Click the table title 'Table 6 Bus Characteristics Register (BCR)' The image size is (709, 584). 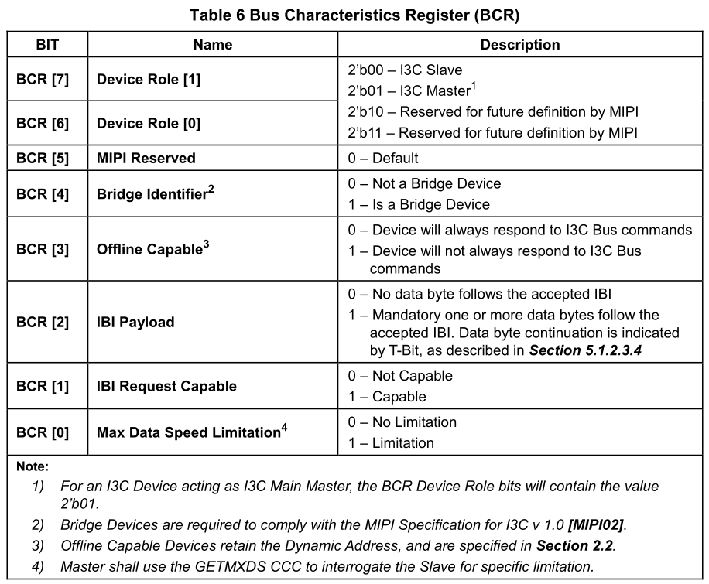click(354, 15)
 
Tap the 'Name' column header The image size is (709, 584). click(213, 45)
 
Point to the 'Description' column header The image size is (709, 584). click(520, 45)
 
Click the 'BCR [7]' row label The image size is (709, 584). click(43, 79)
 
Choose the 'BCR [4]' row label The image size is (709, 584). click(43, 194)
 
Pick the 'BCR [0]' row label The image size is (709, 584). click(43, 432)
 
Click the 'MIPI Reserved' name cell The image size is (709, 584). click(146, 158)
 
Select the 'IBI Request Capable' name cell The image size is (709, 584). click(166, 385)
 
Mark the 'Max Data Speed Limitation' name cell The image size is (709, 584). click(192, 432)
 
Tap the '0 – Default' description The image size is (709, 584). click(384, 158)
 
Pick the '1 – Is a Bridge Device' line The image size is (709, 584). click(420, 204)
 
